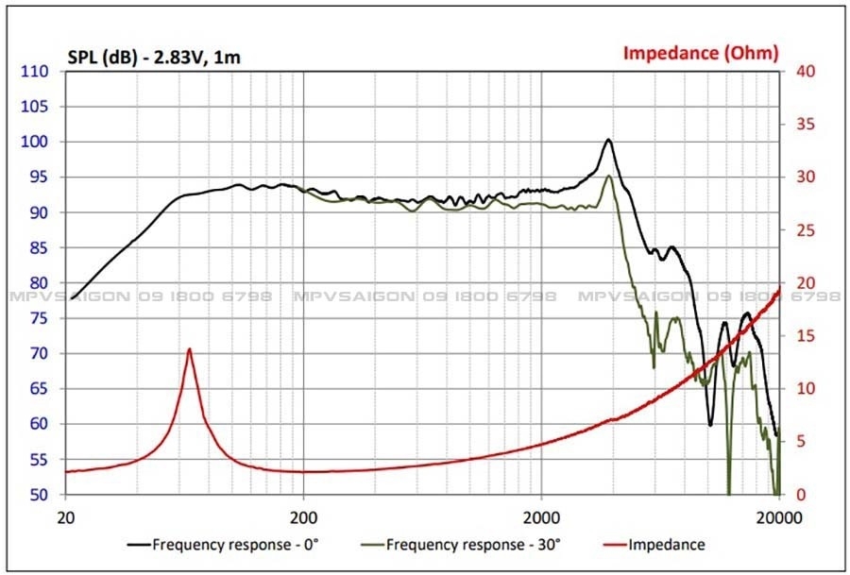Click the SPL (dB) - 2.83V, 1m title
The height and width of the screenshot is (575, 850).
[154, 58]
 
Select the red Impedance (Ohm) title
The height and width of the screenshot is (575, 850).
[701, 53]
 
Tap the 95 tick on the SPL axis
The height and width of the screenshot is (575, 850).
[36, 178]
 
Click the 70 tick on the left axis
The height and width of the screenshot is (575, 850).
[36, 354]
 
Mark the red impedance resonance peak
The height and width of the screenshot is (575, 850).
[190, 349]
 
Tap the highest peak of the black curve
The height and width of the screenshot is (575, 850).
[608, 140]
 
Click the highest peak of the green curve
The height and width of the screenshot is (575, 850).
[609, 176]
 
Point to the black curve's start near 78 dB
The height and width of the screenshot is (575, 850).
[73, 298]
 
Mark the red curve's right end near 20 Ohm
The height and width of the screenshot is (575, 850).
[779, 288]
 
